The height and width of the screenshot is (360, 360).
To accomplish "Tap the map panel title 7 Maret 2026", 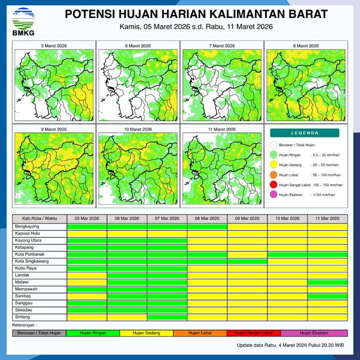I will click(222, 46).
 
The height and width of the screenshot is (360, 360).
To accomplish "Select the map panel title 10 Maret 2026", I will click(138, 129).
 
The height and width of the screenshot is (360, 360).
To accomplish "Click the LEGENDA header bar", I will click(304, 133).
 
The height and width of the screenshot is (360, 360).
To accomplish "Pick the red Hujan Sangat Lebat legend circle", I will click(273, 185).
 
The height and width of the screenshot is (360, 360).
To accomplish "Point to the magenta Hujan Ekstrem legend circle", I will click(273, 194).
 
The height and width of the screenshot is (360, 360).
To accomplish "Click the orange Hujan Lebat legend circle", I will click(273, 175).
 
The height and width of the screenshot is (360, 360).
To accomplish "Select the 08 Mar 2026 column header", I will click(207, 218).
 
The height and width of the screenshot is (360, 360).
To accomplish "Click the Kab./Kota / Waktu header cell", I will click(39, 218).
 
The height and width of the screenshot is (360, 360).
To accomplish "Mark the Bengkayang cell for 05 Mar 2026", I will click(87, 226).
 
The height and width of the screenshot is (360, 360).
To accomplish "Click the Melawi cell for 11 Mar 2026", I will click(327, 282).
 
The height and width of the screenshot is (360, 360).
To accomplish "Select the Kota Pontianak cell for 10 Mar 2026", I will click(287, 254).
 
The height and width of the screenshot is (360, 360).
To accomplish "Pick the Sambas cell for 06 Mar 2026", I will click(127, 296).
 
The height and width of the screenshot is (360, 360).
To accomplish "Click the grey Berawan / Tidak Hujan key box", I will click(39, 333).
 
